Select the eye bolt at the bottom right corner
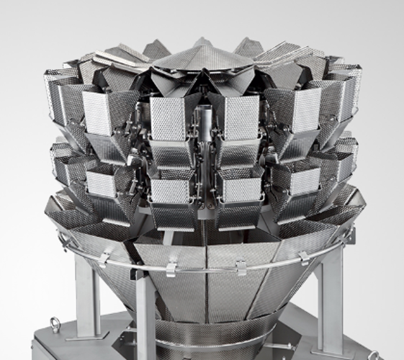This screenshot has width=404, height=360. (x=373, y=355)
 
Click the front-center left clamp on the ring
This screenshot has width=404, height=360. (x=171, y=268)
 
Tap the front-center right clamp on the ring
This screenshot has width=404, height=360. (x=241, y=267)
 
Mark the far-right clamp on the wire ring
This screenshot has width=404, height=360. (x=305, y=256)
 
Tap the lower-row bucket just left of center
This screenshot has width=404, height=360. (x=171, y=190)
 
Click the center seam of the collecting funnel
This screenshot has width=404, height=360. (x=206, y=288)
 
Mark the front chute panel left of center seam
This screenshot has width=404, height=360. (x=173, y=295)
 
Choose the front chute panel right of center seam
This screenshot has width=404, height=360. (x=238, y=295)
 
